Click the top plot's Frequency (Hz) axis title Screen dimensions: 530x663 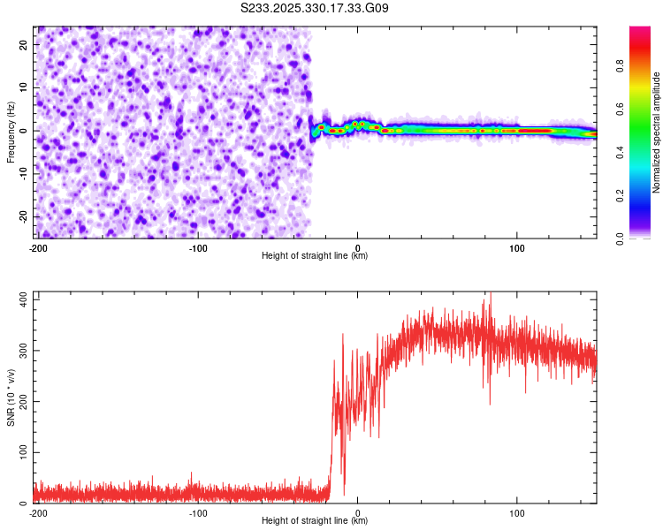pos(11,131)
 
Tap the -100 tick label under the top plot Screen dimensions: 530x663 pos(197,246)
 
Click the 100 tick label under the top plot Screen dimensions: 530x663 pos(518,246)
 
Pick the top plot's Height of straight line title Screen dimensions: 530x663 pos(315,256)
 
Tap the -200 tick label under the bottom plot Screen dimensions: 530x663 pos(37,511)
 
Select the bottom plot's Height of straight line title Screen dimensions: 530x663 pos(315,521)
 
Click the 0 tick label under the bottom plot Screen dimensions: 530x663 pos(357,511)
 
